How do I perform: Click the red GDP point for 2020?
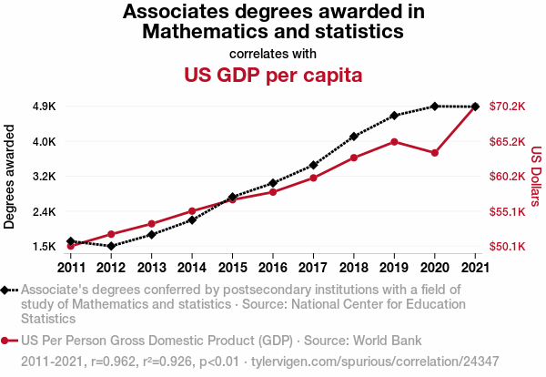tap(434, 153)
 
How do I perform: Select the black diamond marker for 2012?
tap(111, 246)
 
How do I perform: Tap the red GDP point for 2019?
tap(394, 141)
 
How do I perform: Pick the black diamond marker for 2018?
tap(353, 136)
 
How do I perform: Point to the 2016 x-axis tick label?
tap(272, 267)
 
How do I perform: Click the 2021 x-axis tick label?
tap(474, 267)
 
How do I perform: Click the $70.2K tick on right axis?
tap(507, 107)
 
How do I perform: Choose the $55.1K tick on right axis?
tap(507, 212)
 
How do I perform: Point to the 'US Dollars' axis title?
tap(536, 177)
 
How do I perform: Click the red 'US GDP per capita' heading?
tap(273, 75)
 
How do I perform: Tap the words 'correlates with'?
tap(273, 53)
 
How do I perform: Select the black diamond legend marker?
tap(8, 290)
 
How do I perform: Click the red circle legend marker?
tap(8, 341)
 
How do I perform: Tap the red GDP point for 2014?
tap(192, 211)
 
